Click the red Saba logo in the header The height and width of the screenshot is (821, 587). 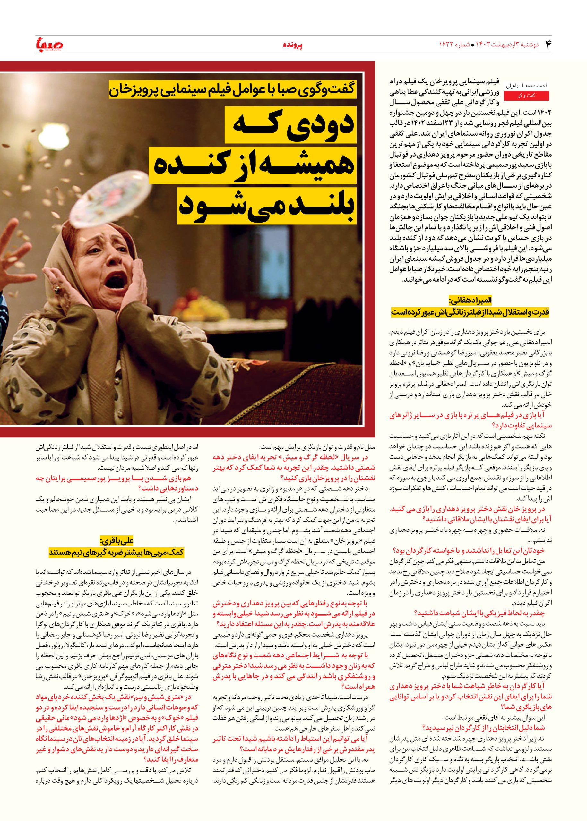47,45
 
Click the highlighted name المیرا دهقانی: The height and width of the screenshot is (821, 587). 470,300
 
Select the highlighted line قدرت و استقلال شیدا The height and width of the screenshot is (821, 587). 470,312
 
